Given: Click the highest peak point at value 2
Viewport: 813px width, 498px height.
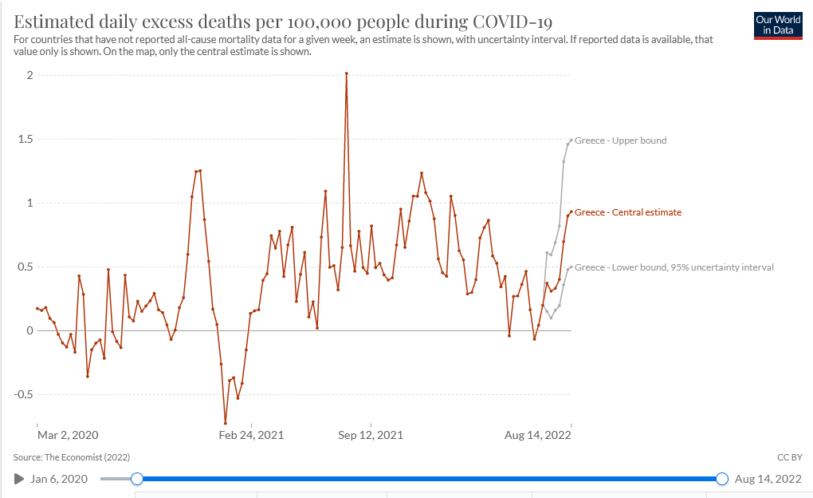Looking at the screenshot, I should point(347,73).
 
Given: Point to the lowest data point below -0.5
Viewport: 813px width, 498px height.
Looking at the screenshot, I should point(226,423).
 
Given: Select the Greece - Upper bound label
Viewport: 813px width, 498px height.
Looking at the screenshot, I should point(620,140).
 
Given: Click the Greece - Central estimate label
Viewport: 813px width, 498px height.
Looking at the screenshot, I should point(627,212).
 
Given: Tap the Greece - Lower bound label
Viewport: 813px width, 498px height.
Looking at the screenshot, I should point(674,267).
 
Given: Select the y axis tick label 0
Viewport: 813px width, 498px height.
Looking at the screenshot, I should point(29,330).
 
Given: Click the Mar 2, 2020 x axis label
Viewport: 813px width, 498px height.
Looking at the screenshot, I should point(68,435).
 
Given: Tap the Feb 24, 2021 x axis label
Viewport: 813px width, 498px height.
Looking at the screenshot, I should point(251,435).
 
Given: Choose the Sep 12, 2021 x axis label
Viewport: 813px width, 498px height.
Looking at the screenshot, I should point(371,435).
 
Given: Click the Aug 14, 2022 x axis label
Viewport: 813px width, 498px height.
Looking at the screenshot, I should point(538,435).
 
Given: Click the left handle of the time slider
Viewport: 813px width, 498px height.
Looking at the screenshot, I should point(137,479).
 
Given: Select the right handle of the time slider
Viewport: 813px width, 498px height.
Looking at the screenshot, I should point(722,479).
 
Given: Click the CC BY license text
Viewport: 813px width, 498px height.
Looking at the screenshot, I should point(787,457).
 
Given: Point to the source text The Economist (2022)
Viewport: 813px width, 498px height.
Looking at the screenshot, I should point(72,457).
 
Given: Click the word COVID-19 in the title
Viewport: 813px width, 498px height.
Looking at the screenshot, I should point(511,21).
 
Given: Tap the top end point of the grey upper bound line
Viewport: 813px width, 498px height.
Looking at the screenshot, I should point(571,140).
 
